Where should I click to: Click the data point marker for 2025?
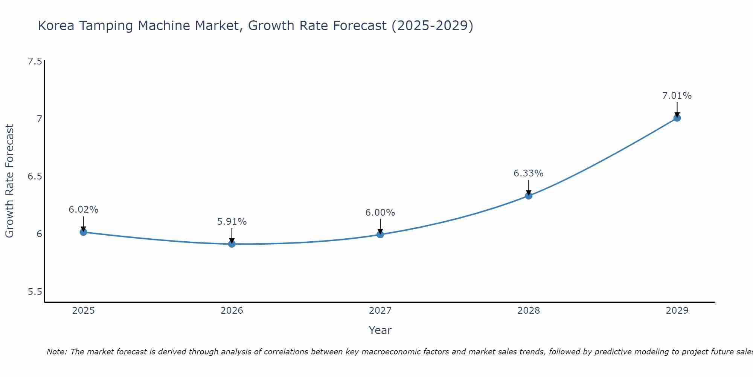(x=84, y=232)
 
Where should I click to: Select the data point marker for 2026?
(x=232, y=244)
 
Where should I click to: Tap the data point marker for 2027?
(x=380, y=234)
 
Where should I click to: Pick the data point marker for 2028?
(x=529, y=196)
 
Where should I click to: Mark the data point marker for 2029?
(x=677, y=118)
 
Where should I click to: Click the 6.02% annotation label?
(x=84, y=210)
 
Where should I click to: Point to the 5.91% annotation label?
(x=232, y=222)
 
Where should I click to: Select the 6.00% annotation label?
(x=380, y=213)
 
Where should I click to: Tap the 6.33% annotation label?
(x=529, y=173)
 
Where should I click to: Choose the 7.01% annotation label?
(x=677, y=96)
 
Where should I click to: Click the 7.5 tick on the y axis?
(x=35, y=61)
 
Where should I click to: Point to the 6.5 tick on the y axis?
(x=35, y=176)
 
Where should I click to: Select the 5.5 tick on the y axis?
(x=35, y=292)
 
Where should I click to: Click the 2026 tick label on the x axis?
(x=232, y=311)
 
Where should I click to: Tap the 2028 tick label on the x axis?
(x=529, y=311)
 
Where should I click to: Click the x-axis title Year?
(x=380, y=330)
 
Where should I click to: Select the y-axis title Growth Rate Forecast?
(x=10, y=181)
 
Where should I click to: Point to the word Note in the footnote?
(x=56, y=352)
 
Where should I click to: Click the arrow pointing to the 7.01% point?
(x=677, y=109)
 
